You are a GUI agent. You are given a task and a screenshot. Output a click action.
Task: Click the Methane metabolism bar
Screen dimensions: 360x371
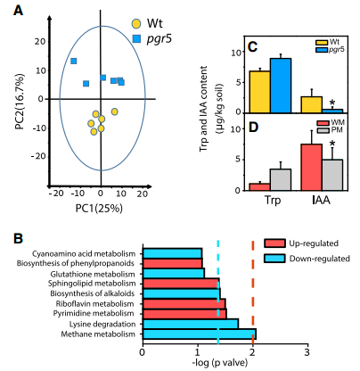pyautogui.click(x=200, y=334)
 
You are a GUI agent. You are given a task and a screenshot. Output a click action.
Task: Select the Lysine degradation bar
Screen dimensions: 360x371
pyautogui.click(x=191, y=324)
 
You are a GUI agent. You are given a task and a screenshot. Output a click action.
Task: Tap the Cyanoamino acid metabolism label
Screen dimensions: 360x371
pyautogui.click(x=84, y=254)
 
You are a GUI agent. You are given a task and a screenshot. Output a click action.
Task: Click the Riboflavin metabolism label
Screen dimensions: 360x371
pyautogui.click(x=95, y=304)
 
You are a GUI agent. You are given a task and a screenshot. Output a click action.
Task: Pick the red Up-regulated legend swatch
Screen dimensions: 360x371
pyautogui.click(x=274, y=243)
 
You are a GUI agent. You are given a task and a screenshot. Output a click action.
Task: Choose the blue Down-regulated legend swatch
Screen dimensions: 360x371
pyautogui.click(x=274, y=259)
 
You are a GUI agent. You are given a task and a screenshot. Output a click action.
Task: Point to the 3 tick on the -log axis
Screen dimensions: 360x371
pyautogui.click(x=307, y=353)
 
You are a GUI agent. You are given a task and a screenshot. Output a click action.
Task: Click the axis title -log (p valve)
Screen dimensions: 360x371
pyautogui.click(x=220, y=363)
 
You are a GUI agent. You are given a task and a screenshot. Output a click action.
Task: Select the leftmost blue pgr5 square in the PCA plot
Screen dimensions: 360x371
pyautogui.click(x=74, y=61)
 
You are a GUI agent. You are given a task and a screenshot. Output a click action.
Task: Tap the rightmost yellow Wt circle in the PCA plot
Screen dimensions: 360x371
pyautogui.click(x=115, y=111)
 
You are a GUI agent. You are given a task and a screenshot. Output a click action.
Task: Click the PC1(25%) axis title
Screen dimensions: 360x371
pyautogui.click(x=99, y=209)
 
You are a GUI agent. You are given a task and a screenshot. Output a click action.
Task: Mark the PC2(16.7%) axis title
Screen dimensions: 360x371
pyautogui.click(x=20, y=102)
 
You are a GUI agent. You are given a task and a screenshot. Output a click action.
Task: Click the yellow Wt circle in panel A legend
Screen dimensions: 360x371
pyautogui.click(x=136, y=23)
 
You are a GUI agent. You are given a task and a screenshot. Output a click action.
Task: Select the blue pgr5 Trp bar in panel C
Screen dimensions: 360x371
pyautogui.click(x=281, y=86)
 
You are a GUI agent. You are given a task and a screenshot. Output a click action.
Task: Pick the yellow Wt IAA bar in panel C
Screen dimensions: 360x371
pyautogui.click(x=312, y=104)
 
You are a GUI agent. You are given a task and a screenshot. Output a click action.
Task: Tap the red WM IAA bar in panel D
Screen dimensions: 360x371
pyautogui.click(x=312, y=167)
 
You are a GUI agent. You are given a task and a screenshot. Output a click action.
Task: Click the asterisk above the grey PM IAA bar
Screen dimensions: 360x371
pyautogui.click(x=332, y=144)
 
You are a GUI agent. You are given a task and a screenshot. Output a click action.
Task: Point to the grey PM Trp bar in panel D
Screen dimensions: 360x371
pyautogui.click(x=281, y=179)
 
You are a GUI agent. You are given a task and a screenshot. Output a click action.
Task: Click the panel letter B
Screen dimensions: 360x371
pyautogui.click(x=19, y=239)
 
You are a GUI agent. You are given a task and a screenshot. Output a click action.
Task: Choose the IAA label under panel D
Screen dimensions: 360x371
pyautogui.click(x=322, y=201)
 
